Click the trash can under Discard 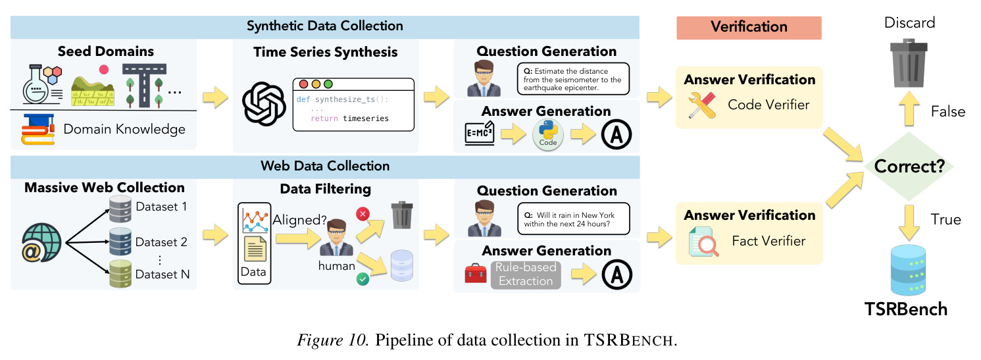[909, 63]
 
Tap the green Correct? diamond [909, 167]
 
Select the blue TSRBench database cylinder [909, 270]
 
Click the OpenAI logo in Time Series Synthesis [264, 104]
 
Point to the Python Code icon [548, 134]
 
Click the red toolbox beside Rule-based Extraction [476, 273]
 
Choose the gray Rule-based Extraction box [526, 274]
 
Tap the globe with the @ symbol [41, 242]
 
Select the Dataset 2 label [161, 242]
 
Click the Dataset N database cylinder [120, 274]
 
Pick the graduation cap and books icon [38, 129]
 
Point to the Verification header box [749, 28]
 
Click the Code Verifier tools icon [701, 105]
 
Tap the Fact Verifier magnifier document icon [703, 241]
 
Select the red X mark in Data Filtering [363, 214]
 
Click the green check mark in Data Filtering [363, 278]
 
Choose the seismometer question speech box [573, 79]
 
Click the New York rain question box [574, 219]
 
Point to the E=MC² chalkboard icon [480, 133]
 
